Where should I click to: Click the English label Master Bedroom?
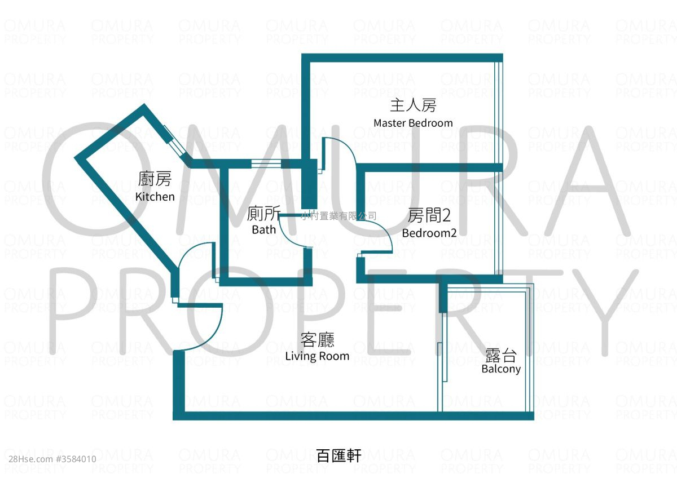413,123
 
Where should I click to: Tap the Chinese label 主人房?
413,105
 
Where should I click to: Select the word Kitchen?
155,197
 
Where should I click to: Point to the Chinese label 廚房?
155,179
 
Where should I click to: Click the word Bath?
264,230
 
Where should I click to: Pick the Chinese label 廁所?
264,214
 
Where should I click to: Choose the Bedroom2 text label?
429,233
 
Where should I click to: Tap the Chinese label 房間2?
429,215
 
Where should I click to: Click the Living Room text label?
317,356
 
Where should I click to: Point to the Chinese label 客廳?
318,340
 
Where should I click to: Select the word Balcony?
501,369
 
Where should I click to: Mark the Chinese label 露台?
501,355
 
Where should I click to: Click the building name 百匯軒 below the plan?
339,455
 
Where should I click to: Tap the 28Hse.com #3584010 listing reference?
52,459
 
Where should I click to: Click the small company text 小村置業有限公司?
339,216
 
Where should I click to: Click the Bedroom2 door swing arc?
376,236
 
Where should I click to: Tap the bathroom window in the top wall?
266,163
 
